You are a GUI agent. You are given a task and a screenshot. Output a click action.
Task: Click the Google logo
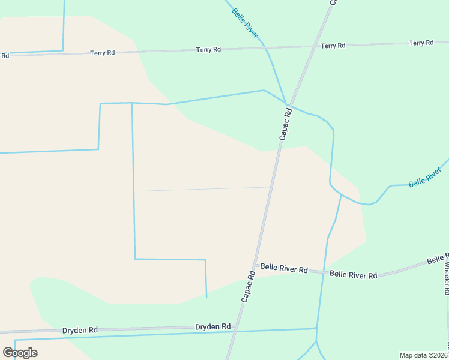(20, 352)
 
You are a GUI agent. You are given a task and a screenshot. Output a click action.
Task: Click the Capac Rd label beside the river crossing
(285, 124)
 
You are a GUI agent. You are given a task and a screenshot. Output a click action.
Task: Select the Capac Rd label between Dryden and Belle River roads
(249, 286)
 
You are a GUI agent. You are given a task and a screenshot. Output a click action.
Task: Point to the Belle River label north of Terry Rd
(245, 23)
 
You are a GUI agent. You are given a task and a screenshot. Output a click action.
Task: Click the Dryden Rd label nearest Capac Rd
(212, 327)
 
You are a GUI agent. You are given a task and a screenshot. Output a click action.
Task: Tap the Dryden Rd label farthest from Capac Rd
(80, 330)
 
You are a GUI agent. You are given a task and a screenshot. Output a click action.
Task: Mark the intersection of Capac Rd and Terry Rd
(313, 46)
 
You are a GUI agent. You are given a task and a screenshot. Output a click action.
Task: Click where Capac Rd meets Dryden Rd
(237, 330)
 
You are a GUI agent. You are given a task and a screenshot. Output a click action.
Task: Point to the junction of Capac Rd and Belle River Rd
(255, 265)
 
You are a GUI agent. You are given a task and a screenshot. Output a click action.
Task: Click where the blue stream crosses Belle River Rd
(324, 272)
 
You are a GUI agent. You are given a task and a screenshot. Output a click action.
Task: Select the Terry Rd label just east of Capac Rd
(333, 46)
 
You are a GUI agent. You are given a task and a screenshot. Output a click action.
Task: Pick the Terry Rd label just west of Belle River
(208, 49)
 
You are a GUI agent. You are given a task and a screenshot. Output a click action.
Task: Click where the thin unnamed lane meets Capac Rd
(270, 187)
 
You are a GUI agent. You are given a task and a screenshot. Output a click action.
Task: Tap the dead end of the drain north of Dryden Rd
(206, 298)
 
